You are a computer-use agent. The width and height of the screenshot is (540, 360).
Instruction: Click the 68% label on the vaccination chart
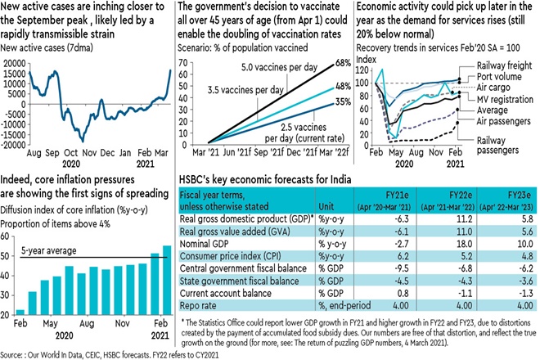pyautogui.click(x=342, y=62)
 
